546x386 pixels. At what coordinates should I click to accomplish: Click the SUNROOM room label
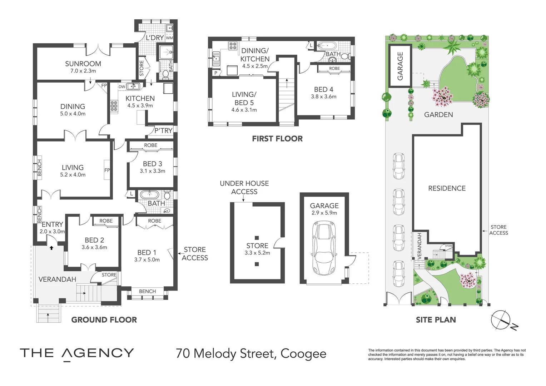[83, 64]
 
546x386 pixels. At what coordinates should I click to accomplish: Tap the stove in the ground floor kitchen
[114, 107]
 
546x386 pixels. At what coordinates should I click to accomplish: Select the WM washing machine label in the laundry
[169, 38]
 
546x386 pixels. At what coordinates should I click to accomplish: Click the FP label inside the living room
[107, 170]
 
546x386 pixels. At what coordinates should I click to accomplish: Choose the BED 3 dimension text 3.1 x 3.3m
[152, 171]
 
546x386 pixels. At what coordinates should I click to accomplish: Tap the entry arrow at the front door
[51, 247]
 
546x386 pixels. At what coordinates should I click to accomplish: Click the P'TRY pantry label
[163, 131]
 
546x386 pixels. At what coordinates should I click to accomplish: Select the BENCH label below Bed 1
[147, 291]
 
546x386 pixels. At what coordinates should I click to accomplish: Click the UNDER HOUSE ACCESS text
[244, 188]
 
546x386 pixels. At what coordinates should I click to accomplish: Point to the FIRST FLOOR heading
[277, 139]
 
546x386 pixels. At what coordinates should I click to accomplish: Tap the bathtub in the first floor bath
[327, 46]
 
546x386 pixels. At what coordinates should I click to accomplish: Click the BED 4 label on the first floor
[323, 90]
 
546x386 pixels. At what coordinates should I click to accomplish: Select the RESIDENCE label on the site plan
[447, 188]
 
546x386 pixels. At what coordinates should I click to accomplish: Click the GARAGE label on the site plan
[400, 66]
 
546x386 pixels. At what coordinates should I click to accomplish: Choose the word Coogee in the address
[303, 353]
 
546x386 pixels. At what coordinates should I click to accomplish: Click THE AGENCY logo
[77, 353]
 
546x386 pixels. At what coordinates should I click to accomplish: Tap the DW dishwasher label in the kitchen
[122, 86]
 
